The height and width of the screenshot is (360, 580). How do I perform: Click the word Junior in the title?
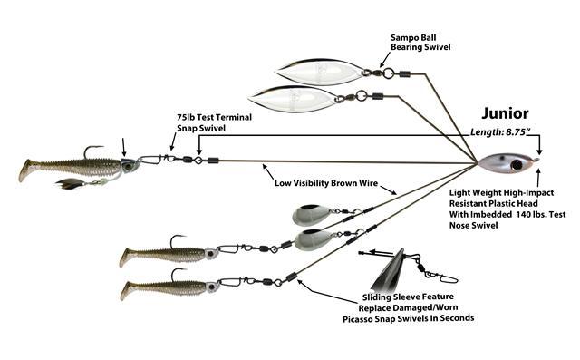coord(505,114)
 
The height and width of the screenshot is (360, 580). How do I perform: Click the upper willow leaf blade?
coord(320,72)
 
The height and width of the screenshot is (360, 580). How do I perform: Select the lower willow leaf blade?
coord(294,98)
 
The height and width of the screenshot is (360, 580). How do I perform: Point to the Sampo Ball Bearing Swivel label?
coord(420,43)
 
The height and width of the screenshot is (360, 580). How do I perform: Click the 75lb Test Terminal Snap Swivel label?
coord(214,122)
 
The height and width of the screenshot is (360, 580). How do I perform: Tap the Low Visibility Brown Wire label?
coord(326,183)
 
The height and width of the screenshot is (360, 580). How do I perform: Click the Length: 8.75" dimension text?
coord(498,132)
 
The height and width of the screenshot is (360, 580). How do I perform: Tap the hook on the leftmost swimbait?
coord(92,151)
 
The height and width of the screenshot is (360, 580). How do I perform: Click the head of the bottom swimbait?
coord(212,287)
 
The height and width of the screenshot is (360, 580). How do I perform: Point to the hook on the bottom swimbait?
coord(178,274)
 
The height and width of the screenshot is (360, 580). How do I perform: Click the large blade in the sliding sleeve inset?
coord(389,271)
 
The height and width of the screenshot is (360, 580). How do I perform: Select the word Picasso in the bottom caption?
coord(358,319)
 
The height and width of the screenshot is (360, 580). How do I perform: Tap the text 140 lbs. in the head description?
coord(533,214)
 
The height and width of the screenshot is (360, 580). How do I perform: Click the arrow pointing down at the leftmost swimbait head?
coord(123,147)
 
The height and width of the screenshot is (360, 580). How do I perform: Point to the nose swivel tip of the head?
coord(536,160)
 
